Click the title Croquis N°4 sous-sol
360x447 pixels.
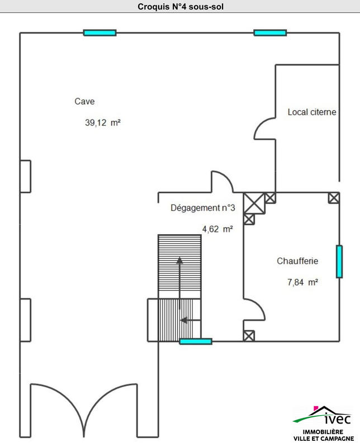pyautogui.click(x=180, y=7)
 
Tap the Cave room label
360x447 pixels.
pyautogui.click(x=84, y=102)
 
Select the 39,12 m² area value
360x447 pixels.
pyautogui.click(x=103, y=123)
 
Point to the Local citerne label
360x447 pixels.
pyautogui.click(x=312, y=112)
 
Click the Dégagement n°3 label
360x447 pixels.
pyautogui.click(x=202, y=208)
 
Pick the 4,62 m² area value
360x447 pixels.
pyautogui.click(x=217, y=229)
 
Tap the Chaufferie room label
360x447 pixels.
pyautogui.click(x=297, y=261)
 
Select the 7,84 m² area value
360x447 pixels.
pyautogui.click(x=302, y=282)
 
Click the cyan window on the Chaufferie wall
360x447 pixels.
pyautogui.click(x=339, y=261)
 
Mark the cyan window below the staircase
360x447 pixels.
pyautogui.click(x=196, y=341)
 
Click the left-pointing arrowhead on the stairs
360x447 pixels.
pyautogui.click(x=183, y=320)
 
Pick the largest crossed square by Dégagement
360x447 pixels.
pyautogui.click(x=254, y=203)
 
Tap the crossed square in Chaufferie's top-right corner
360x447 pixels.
pyautogui.click(x=334, y=197)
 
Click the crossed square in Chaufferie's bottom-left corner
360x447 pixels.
pyautogui.click(x=249, y=335)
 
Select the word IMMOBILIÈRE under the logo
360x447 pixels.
pyautogui.click(x=323, y=432)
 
